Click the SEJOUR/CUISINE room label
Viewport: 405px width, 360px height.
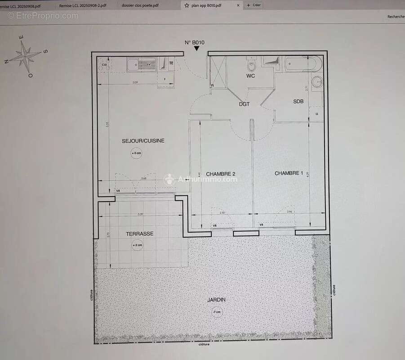[x=143, y=141]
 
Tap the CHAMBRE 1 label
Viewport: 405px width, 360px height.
[x=289, y=173]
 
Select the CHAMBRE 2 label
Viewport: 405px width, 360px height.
[x=220, y=174]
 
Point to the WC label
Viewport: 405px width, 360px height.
[x=250, y=76]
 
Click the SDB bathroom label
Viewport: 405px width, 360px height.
[x=298, y=102]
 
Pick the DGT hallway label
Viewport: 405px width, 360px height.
[x=244, y=104]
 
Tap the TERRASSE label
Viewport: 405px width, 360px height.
[x=139, y=234]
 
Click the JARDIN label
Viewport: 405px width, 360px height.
[x=217, y=300]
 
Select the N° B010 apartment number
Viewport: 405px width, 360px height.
[x=195, y=42]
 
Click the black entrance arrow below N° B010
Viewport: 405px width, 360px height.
[x=196, y=48]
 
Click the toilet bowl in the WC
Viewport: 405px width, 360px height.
[x=251, y=66]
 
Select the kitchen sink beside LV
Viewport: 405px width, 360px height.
[x=134, y=66]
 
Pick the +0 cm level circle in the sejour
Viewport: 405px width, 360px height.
[x=136, y=153]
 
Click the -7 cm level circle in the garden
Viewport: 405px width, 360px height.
[x=217, y=312]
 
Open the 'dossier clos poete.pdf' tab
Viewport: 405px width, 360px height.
[x=140, y=5]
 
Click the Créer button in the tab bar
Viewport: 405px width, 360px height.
[x=254, y=5]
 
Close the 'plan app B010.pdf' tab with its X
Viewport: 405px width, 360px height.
[x=238, y=5]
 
